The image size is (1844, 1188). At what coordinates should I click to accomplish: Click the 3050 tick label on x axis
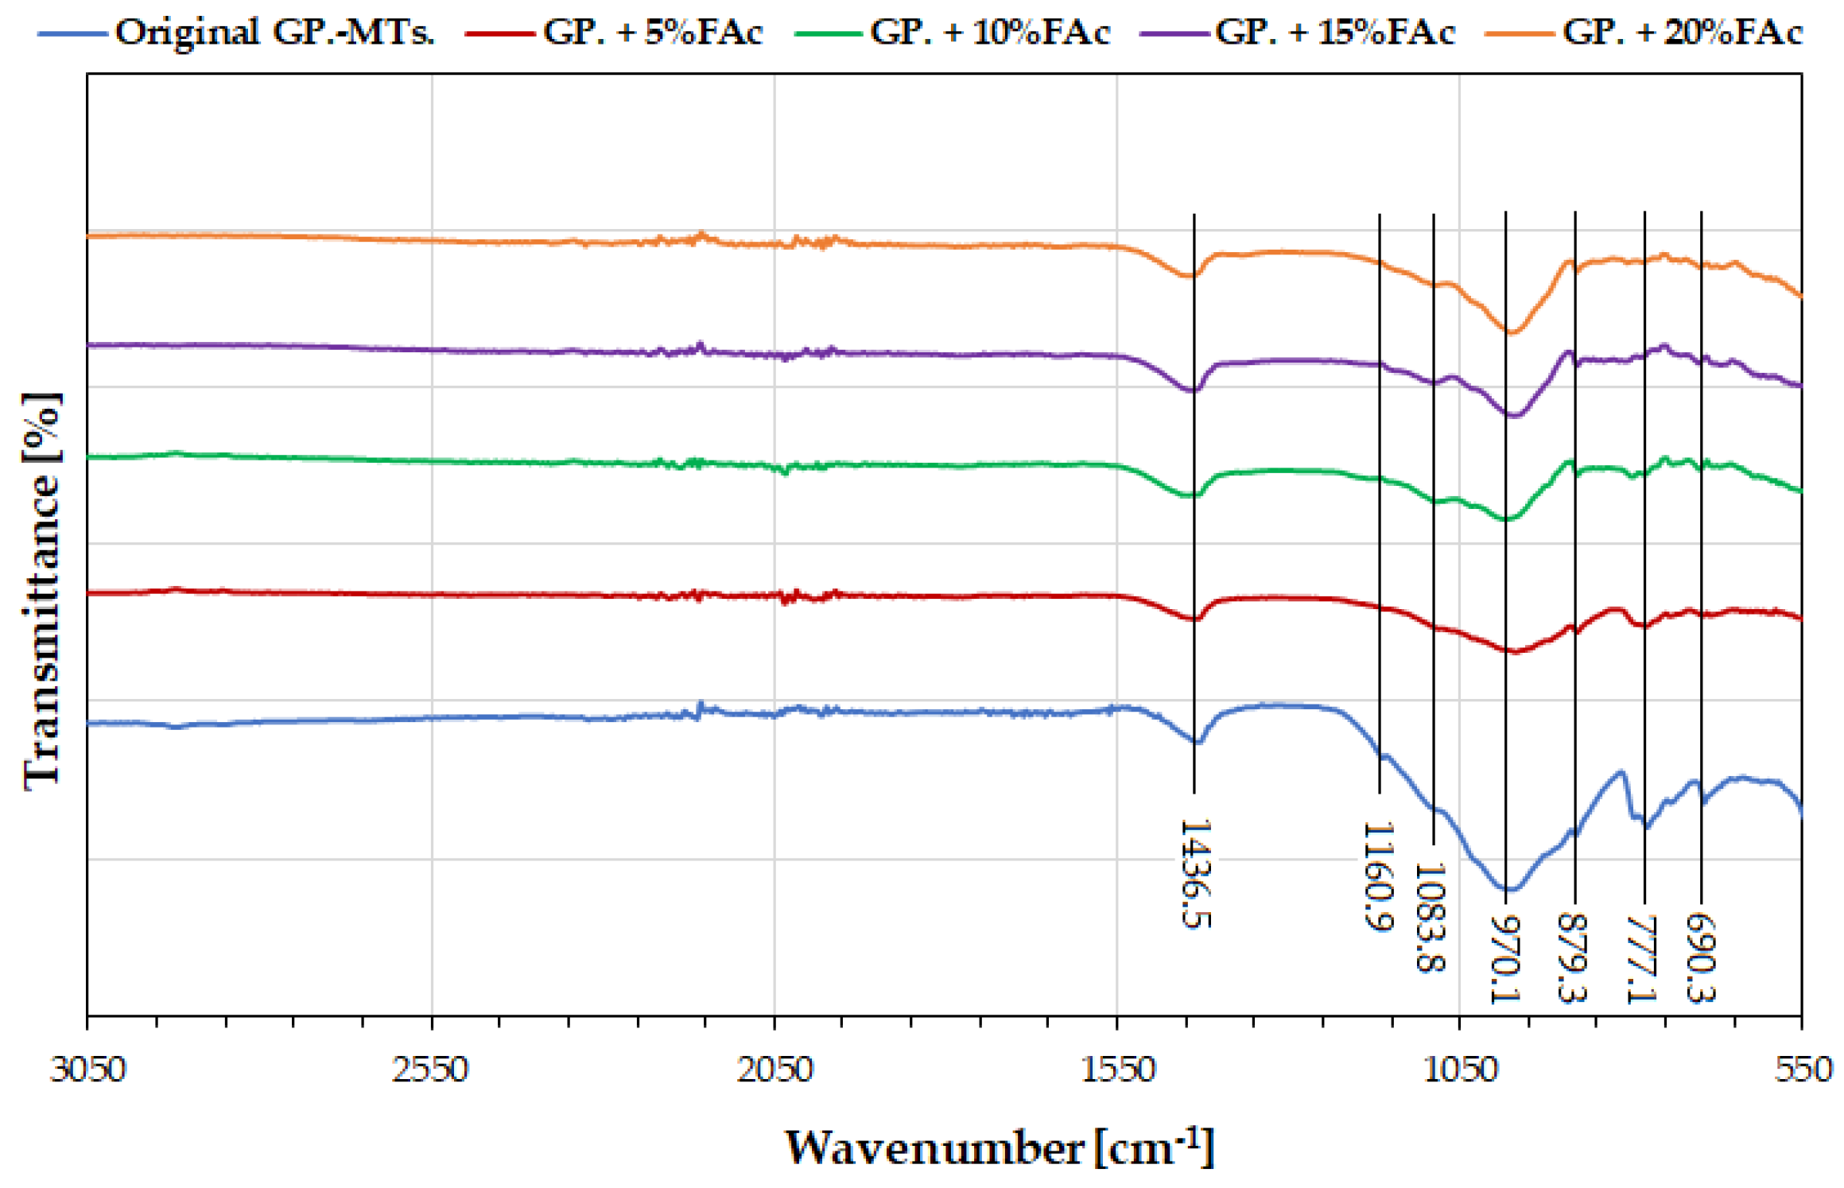87,1070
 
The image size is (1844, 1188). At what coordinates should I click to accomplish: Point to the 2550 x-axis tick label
431,1070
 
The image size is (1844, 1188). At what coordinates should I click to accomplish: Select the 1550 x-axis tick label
1118,1070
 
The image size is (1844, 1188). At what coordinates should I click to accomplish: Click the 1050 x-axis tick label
1460,1070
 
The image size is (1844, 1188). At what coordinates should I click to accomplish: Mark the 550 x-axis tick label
1803,1070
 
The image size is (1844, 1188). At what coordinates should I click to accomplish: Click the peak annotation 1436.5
1194,873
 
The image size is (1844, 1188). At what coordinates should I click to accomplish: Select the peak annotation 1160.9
1379,876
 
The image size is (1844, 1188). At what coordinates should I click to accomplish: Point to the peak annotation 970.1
1505,959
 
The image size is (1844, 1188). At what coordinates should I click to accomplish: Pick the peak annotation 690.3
1701,957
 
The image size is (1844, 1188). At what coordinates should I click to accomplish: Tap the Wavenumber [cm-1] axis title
1000,1148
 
